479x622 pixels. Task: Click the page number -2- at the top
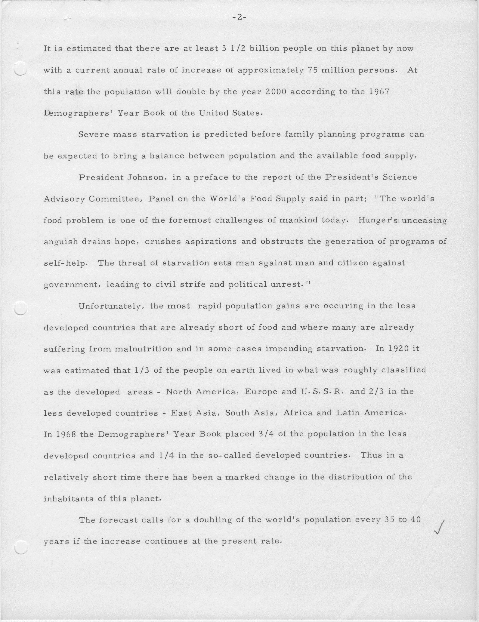click(x=239, y=18)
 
